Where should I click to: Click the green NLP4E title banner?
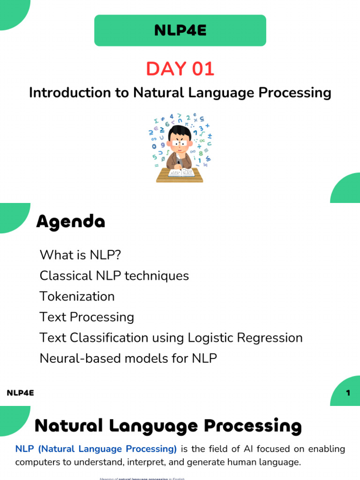[180, 31]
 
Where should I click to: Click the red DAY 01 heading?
[180, 69]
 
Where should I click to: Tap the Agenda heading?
[70, 221]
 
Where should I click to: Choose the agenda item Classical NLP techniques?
[114, 276]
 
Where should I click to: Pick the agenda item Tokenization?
[77, 296]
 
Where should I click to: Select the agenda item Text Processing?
[87, 317]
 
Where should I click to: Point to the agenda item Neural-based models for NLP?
[128, 358]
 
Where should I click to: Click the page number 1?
[348, 393]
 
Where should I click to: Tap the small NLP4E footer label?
[20, 393]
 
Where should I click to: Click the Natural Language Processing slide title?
[168, 426]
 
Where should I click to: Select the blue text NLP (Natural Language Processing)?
[96, 449]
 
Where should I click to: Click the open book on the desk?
[181, 172]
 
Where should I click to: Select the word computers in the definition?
[36, 462]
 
